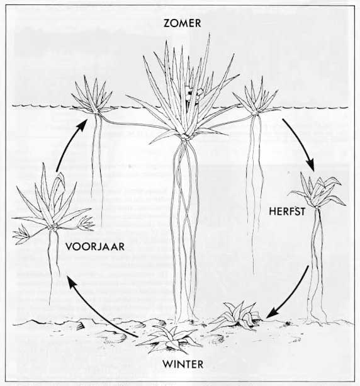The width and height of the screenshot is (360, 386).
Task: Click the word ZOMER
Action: tap(183, 23)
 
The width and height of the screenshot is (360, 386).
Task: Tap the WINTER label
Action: tap(183, 365)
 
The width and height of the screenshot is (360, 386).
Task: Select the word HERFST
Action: tap(287, 212)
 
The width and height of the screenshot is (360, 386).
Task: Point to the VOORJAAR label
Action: tap(95, 247)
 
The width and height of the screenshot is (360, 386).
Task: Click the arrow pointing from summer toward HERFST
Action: tap(301, 143)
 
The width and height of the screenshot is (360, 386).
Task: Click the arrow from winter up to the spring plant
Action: tap(98, 310)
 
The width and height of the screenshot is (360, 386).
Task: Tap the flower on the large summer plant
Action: tap(193, 95)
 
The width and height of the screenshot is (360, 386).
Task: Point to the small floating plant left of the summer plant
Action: tap(93, 96)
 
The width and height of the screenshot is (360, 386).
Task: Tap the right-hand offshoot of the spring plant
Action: tap(86, 224)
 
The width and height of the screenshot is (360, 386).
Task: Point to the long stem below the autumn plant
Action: tap(316, 266)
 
